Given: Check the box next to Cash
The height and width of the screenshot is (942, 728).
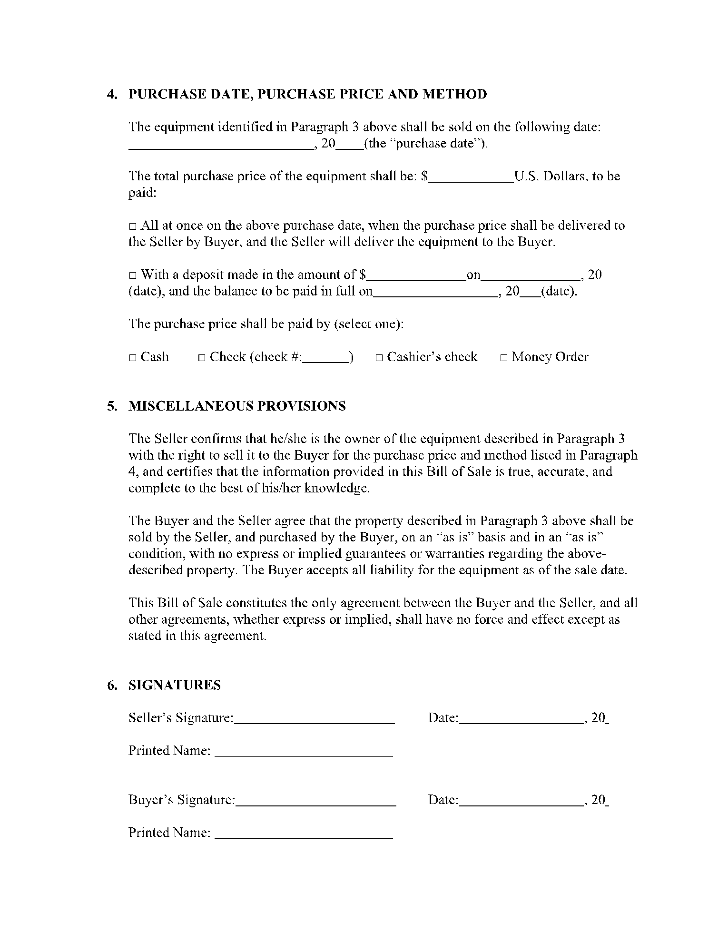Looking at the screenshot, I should tap(133, 358).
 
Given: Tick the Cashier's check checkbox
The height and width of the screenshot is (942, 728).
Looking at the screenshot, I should tap(379, 358).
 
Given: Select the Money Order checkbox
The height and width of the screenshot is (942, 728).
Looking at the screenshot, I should tap(504, 358).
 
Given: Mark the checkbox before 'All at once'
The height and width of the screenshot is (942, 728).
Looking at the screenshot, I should tap(133, 226).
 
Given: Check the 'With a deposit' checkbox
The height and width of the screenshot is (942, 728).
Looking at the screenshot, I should tap(133, 275).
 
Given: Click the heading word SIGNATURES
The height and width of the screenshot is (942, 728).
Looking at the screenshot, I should tap(175, 686).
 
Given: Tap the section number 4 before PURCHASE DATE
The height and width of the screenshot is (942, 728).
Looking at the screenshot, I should tap(111, 94).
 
